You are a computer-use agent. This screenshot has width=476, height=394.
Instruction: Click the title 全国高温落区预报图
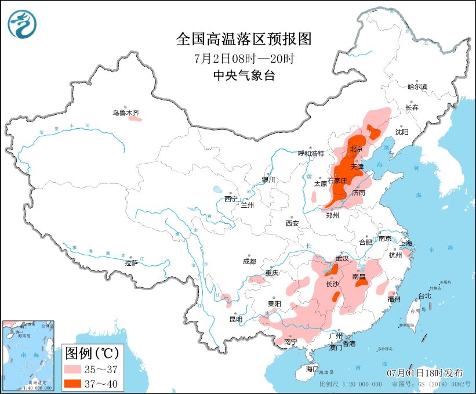click(x=244, y=39)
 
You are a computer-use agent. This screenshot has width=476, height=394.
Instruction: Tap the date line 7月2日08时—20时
click(x=244, y=58)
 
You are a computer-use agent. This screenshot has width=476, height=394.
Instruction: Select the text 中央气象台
click(x=244, y=75)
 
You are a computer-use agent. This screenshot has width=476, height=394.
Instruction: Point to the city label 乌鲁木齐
click(x=126, y=113)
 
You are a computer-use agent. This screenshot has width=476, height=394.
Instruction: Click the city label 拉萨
click(x=131, y=262)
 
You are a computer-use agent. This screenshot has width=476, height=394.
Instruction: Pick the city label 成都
click(x=249, y=261)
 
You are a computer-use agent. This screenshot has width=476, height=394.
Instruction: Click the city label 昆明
click(x=235, y=319)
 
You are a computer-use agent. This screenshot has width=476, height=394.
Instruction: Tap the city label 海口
click(x=313, y=368)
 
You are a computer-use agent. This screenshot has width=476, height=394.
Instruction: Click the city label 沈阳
click(x=402, y=132)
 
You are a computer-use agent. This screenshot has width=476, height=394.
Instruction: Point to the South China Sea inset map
click(x=29, y=354)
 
